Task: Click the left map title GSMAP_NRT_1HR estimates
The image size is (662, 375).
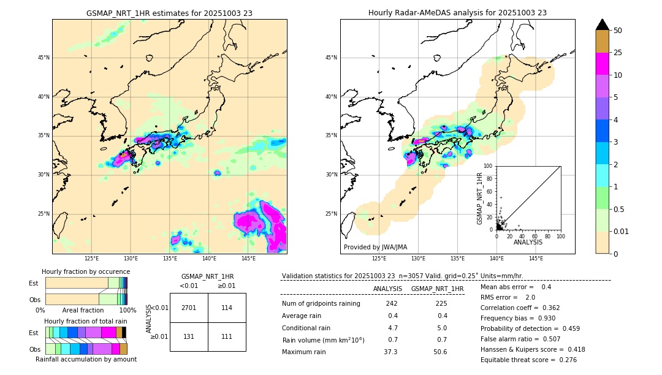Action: pos(169,13)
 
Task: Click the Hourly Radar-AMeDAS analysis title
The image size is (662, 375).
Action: pos(457,13)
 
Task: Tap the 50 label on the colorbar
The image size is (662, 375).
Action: pos(618,31)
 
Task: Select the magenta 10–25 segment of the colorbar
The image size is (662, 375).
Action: pos(602,64)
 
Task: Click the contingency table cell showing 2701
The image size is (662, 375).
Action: pos(189,308)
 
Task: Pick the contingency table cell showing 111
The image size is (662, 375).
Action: pos(227,336)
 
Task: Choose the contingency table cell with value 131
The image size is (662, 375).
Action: pos(189,336)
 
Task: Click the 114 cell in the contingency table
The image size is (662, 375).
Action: pos(227,308)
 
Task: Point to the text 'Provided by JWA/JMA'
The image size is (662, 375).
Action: pos(375,247)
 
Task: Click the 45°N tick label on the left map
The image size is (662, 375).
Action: pos(44,58)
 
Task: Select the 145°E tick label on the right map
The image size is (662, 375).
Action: pos(536,259)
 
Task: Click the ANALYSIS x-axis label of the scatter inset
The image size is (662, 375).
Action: pos(528,242)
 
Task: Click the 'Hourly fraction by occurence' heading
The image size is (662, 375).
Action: pos(86,271)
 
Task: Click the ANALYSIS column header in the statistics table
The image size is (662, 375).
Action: pos(387,289)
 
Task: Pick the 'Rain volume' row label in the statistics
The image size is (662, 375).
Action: pos(323,340)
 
